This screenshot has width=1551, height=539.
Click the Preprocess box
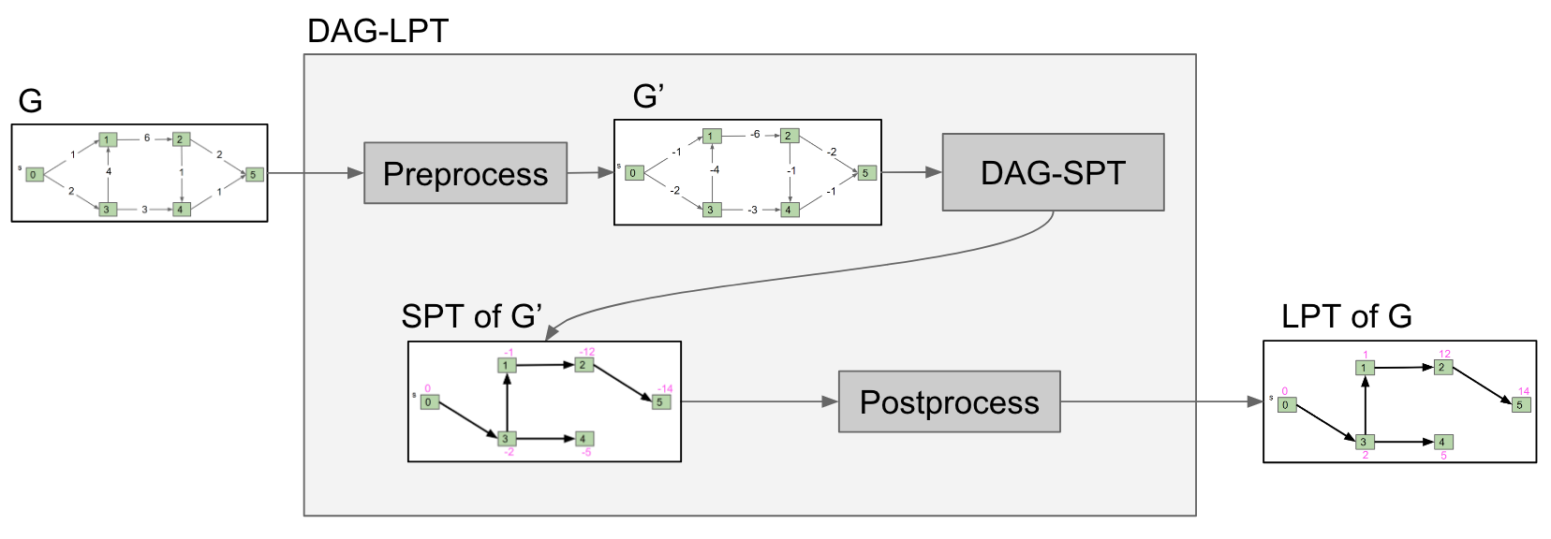(x=465, y=173)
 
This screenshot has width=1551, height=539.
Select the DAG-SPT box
(x=1053, y=172)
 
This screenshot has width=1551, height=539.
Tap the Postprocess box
(x=949, y=401)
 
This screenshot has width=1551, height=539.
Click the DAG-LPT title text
(x=377, y=32)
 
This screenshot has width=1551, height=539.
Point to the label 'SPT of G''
(x=471, y=316)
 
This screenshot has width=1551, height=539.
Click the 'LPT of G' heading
(x=1346, y=316)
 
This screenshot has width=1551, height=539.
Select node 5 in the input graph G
(x=253, y=174)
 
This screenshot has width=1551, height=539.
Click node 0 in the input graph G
(x=34, y=174)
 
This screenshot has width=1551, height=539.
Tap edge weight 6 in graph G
(x=147, y=138)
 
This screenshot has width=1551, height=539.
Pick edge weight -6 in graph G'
(x=755, y=135)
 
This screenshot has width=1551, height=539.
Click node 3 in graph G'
(x=711, y=210)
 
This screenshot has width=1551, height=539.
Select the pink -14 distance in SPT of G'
(x=664, y=388)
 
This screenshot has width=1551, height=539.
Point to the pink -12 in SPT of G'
(x=586, y=352)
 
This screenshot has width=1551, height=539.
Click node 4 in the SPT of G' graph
(x=583, y=438)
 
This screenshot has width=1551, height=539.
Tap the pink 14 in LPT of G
(x=1523, y=391)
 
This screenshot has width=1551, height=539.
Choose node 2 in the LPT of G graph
(x=1443, y=367)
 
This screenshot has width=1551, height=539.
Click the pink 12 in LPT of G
(x=1444, y=354)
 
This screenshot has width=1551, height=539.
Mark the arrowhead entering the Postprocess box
(x=830, y=401)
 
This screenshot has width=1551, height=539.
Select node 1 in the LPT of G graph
(x=1365, y=368)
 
